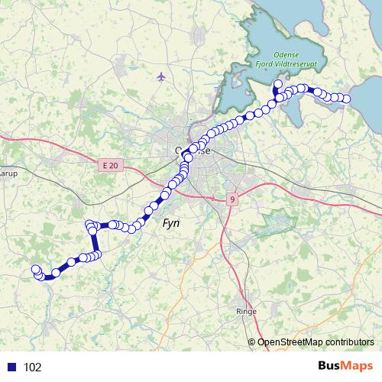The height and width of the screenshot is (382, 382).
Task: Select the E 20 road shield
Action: (110, 164)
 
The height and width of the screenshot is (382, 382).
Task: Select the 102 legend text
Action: (32, 367)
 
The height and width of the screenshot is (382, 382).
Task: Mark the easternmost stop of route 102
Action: (347, 99)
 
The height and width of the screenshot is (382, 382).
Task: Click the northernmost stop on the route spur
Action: (277, 84)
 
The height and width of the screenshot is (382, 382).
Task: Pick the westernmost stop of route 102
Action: (34, 268)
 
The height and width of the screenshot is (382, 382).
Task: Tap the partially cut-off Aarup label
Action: (7, 173)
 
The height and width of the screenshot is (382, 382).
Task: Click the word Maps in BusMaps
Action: (357, 366)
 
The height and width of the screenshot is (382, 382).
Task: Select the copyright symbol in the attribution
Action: (251, 342)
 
